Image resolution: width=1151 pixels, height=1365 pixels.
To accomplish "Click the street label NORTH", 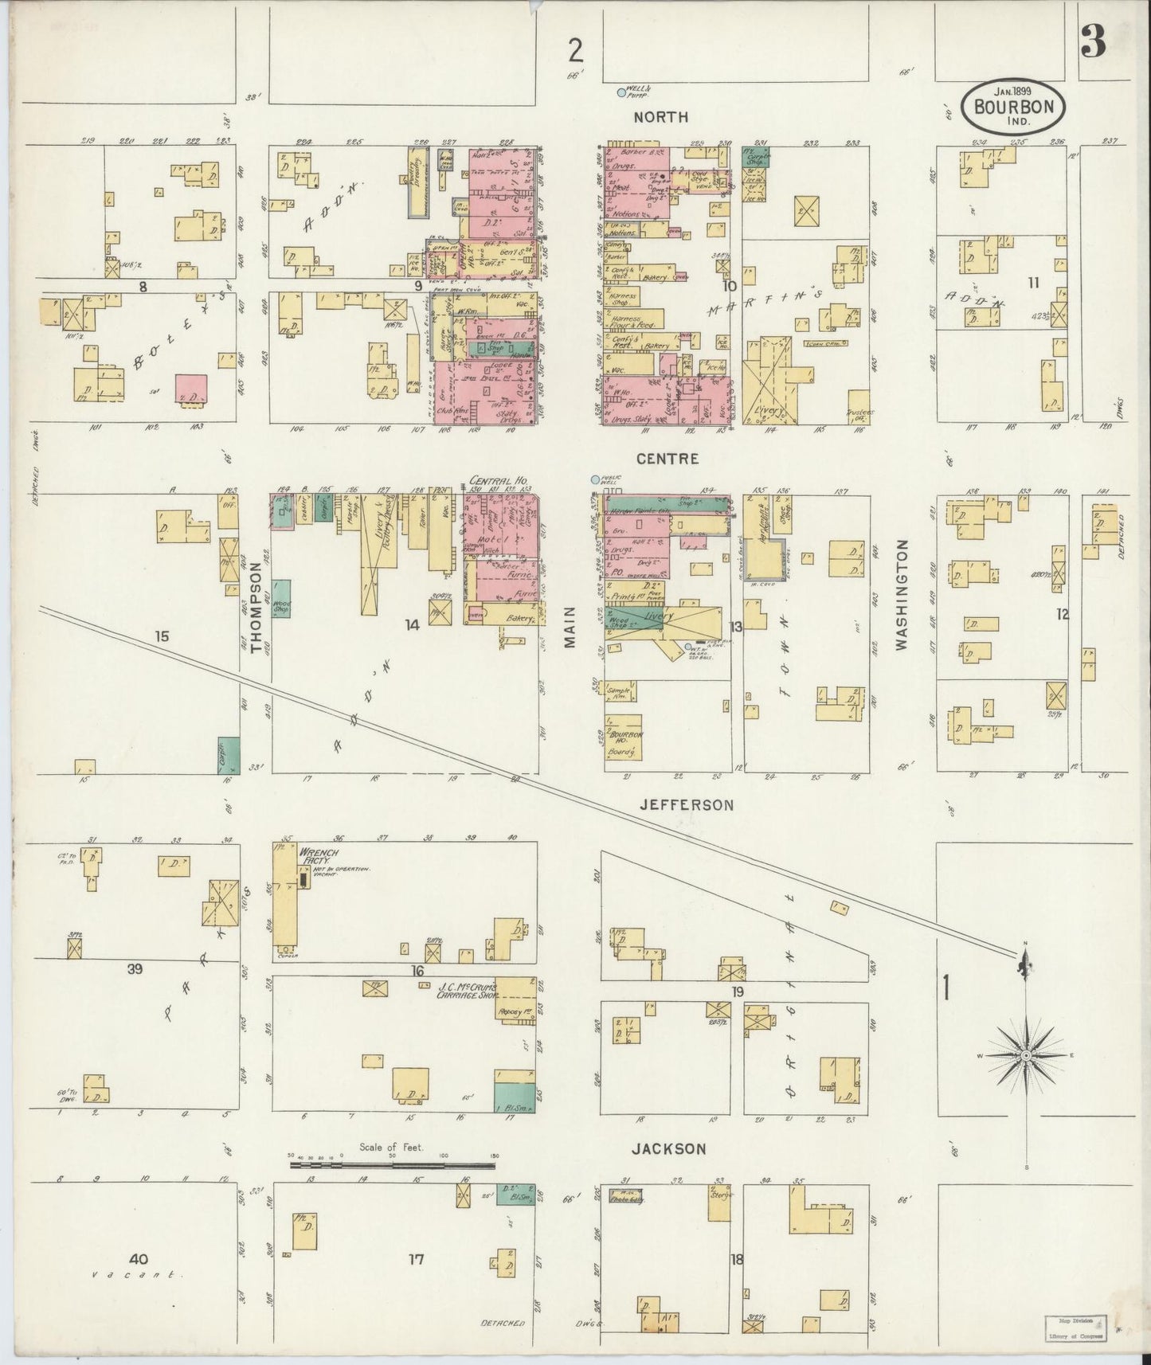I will (660, 117).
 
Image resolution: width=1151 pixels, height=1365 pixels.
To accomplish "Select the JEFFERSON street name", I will (687, 805).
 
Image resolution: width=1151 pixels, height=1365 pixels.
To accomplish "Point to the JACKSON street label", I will (669, 1149).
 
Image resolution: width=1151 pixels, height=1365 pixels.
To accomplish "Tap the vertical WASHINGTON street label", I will (902, 595).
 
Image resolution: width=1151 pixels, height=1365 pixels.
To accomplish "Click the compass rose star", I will (1027, 1055).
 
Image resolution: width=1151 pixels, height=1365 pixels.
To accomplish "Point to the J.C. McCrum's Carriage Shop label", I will (468, 990).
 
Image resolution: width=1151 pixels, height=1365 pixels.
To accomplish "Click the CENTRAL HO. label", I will (494, 481).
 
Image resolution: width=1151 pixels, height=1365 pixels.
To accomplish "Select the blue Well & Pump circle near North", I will (621, 92).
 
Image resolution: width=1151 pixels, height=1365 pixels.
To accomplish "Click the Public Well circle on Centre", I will (595, 479).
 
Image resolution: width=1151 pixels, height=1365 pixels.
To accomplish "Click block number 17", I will (416, 1259).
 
